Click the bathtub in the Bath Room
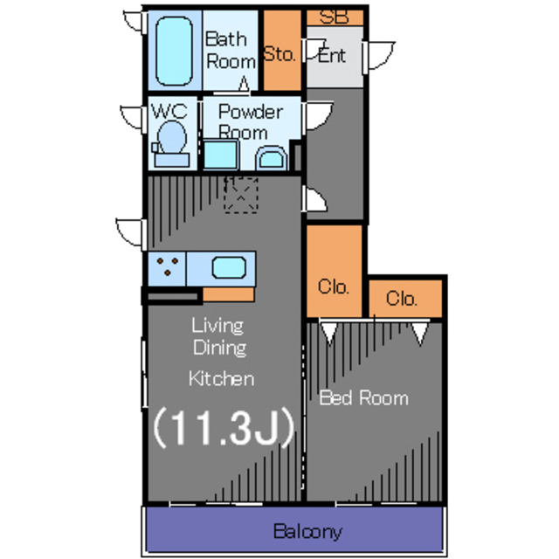pyautogui.click(x=174, y=52)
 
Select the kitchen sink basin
pyautogui.click(x=229, y=268)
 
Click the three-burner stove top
pyautogui.click(x=167, y=268)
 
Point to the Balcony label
pyautogui.click(x=307, y=532)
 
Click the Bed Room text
pyautogui.click(x=363, y=398)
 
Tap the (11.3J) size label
pyautogui.click(x=224, y=427)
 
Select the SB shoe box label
pyautogui.click(x=334, y=17)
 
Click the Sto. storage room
pyautogui.click(x=282, y=51)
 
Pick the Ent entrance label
pyautogui.click(x=332, y=56)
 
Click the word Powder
pyautogui.click(x=251, y=112)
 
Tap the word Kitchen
pyautogui.click(x=221, y=378)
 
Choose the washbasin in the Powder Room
pyautogui.click(x=272, y=158)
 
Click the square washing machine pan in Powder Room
pyautogui.click(x=221, y=155)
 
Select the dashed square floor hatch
pyautogui.click(x=241, y=195)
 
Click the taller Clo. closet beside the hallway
pyautogui.click(x=335, y=271)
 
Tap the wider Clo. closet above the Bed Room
pyautogui.click(x=405, y=299)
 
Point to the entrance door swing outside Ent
pyautogui.click(x=379, y=56)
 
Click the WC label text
pyautogui.click(x=169, y=111)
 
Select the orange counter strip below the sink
pyautogui.click(x=229, y=294)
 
